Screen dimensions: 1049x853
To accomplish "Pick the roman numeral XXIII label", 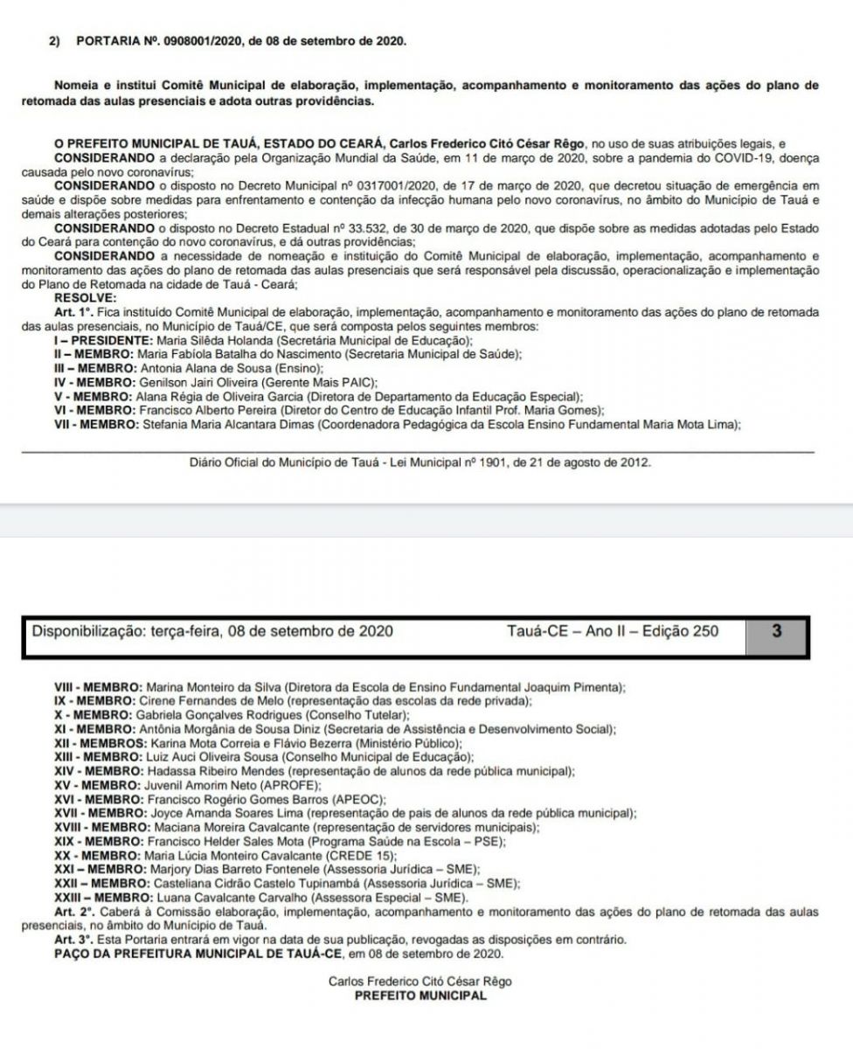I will point(72,898).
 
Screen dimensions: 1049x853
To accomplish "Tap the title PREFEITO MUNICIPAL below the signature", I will point(420,996).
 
